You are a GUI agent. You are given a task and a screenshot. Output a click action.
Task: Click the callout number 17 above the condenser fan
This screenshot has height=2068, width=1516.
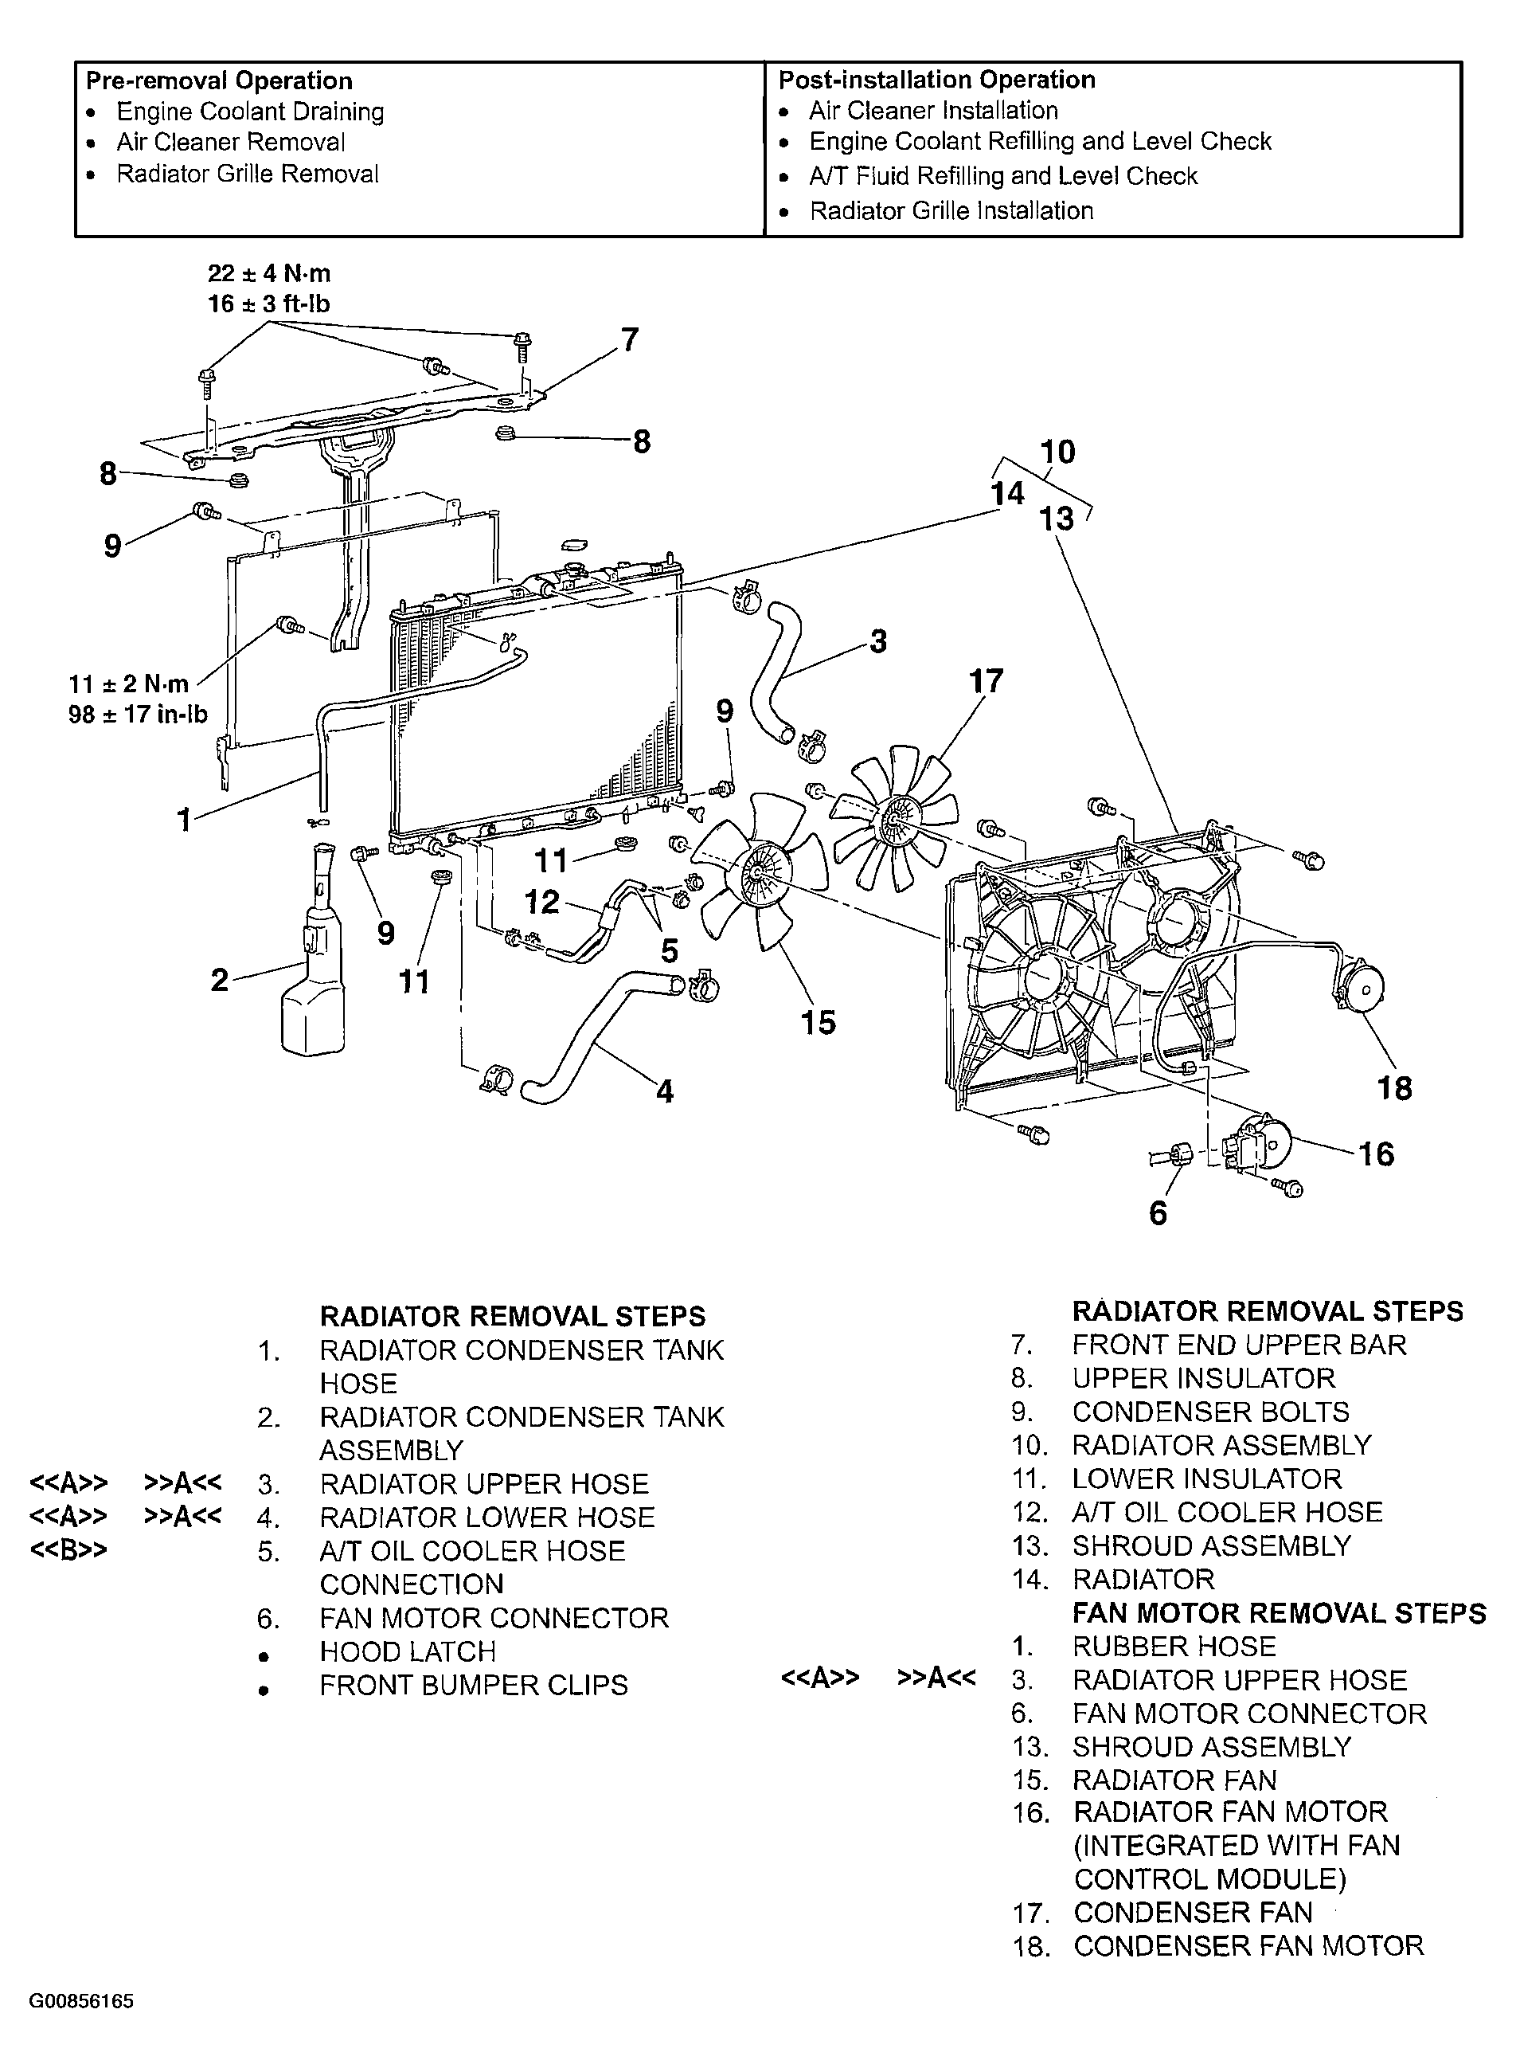986,681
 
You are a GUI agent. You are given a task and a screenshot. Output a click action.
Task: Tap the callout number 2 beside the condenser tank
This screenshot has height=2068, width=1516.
219,981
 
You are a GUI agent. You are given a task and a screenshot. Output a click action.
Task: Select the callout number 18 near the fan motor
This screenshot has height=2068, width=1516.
1394,1089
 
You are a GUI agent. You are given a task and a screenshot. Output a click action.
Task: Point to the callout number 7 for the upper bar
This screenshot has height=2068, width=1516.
630,340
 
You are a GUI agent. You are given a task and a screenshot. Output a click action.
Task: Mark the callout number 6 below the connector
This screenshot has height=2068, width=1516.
1158,1213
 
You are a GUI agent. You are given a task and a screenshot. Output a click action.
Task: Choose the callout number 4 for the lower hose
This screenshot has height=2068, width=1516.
664,1091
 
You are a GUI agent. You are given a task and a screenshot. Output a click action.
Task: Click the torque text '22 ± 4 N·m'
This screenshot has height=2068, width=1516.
269,273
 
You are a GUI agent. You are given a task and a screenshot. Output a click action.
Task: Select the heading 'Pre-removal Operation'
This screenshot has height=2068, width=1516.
219,80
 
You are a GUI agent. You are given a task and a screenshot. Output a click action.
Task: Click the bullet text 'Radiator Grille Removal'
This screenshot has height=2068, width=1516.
247,174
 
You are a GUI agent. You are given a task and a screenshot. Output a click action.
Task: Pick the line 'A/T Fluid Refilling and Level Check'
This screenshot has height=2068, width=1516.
1003,176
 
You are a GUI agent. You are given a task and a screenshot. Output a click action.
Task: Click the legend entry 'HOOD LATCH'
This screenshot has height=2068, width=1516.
408,1651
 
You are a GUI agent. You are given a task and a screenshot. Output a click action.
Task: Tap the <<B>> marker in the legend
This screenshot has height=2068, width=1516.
68,1550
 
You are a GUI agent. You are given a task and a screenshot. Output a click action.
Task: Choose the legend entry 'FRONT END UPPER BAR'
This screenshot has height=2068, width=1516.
1239,1345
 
